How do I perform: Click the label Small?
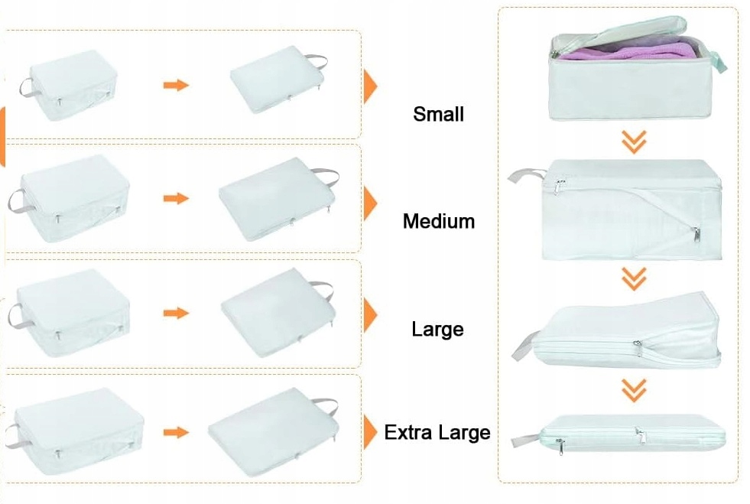tap(438, 115)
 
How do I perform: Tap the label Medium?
tap(439, 222)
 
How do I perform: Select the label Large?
tap(437, 330)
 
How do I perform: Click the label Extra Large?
tap(437, 433)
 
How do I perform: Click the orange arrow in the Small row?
tap(176, 85)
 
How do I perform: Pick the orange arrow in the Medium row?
tap(176, 199)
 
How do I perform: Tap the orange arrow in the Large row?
tap(176, 314)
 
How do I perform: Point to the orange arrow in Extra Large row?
tap(176, 433)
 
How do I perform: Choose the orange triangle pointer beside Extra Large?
tap(371, 433)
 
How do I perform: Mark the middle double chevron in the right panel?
tap(634, 279)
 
